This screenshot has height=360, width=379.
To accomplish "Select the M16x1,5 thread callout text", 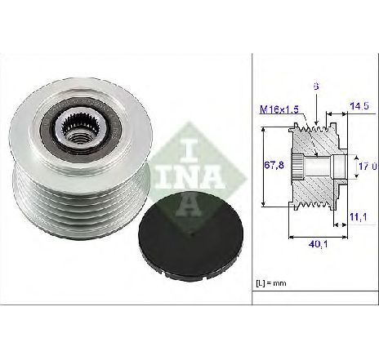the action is (x=279, y=109).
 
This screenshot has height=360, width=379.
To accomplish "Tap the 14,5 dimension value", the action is (x=359, y=105).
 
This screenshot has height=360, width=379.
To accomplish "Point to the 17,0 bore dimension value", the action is (x=368, y=166).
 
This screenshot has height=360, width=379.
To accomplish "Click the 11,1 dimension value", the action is (x=358, y=217).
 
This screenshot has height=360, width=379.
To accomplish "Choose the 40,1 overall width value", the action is (x=318, y=244).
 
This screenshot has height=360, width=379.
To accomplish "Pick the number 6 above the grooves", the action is (x=316, y=87).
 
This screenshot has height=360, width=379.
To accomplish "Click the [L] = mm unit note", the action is (x=271, y=283).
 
